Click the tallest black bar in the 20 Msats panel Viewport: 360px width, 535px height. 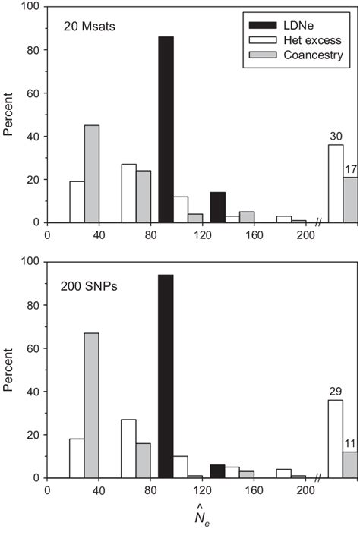[x=166, y=129]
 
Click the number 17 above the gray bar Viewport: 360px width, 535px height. [x=351, y=169]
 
